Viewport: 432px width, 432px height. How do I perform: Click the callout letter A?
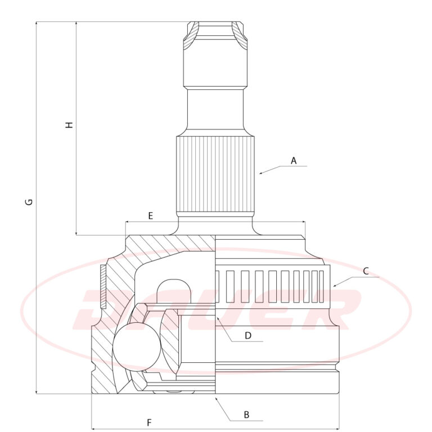294,161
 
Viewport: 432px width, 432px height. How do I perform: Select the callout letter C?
366,271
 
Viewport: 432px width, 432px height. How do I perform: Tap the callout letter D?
248,336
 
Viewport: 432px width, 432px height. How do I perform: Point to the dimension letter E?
150,216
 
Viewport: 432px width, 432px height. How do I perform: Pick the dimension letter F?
149,422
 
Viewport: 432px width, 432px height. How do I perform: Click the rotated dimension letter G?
29,202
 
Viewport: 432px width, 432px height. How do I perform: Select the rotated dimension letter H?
69,124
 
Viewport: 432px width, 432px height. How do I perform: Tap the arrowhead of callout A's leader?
261,173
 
